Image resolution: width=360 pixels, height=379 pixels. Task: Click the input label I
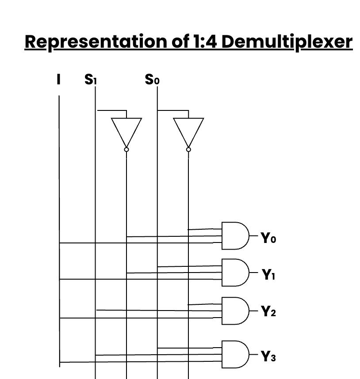coord(59,80)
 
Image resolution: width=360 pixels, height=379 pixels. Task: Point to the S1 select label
coord(91,80)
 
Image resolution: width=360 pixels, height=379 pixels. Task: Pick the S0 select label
coord(152,80)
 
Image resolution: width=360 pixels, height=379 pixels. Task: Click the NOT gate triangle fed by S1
coord(126,130)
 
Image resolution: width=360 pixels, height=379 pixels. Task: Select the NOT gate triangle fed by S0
coord(188,130)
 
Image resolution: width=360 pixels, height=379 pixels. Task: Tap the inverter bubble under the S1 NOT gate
coord(126,150)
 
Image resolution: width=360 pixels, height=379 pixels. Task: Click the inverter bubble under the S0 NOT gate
coord(188,150)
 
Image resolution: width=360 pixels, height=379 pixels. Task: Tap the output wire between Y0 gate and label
coord(254,236)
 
